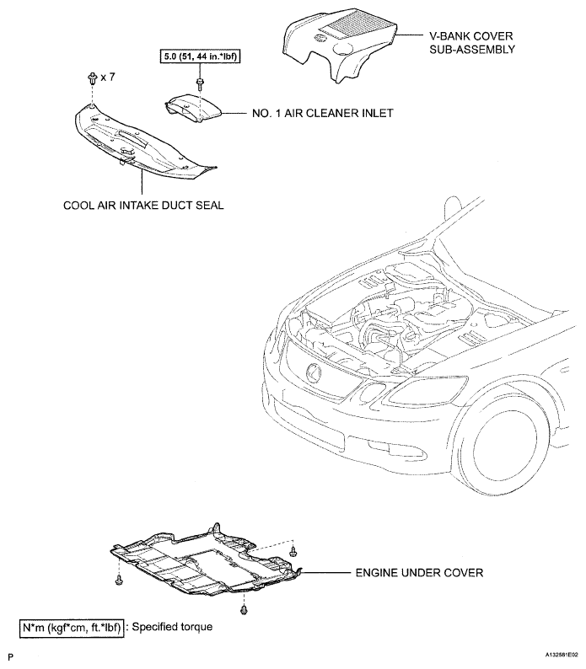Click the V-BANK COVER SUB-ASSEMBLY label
472,43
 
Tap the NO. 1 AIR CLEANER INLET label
322,113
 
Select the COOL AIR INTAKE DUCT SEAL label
143,206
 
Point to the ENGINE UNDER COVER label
419,573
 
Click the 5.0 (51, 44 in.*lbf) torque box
200,56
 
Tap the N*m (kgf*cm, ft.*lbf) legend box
72,628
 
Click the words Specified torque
172,627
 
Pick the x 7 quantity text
108,78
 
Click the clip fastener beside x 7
92,78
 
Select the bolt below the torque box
199,83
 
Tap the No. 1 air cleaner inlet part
193,108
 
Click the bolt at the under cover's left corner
119,581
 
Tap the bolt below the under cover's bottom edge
244,610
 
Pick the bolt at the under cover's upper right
293,551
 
